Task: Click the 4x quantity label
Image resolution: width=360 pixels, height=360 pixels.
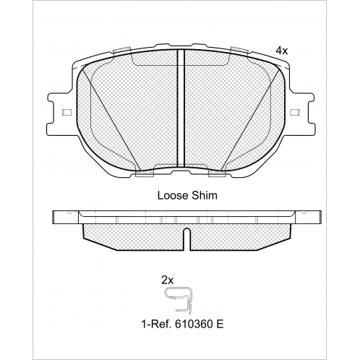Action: (x=282, y=51)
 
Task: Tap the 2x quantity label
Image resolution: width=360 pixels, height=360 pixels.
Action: (x=167, y=280)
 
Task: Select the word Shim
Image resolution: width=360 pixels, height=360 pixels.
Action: (x=205, y=195)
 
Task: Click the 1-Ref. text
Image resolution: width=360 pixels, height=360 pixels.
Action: (x=156, y=324)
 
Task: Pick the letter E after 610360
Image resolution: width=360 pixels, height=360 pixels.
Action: (x=220, y=324)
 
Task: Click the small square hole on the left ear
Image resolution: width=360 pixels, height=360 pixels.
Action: (x=67, y=112)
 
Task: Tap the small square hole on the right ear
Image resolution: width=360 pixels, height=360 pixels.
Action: (x=295, y=112)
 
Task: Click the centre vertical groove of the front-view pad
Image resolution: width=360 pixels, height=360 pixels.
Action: (x=181, y=108)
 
